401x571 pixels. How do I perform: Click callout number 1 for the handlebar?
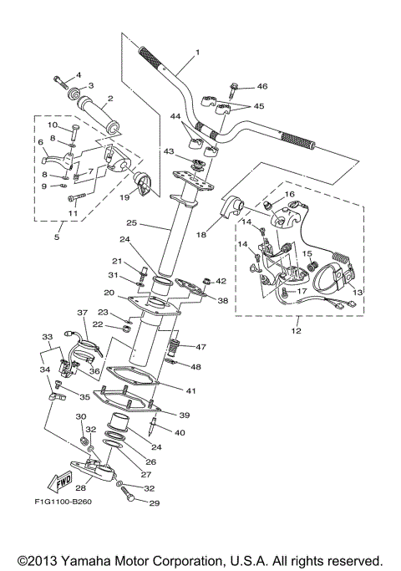[x=198, y=53]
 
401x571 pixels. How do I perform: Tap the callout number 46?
[x=262, y=86]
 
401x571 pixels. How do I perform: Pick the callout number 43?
[x=170, y=151]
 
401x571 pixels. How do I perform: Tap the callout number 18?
[x=200, y=236]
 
